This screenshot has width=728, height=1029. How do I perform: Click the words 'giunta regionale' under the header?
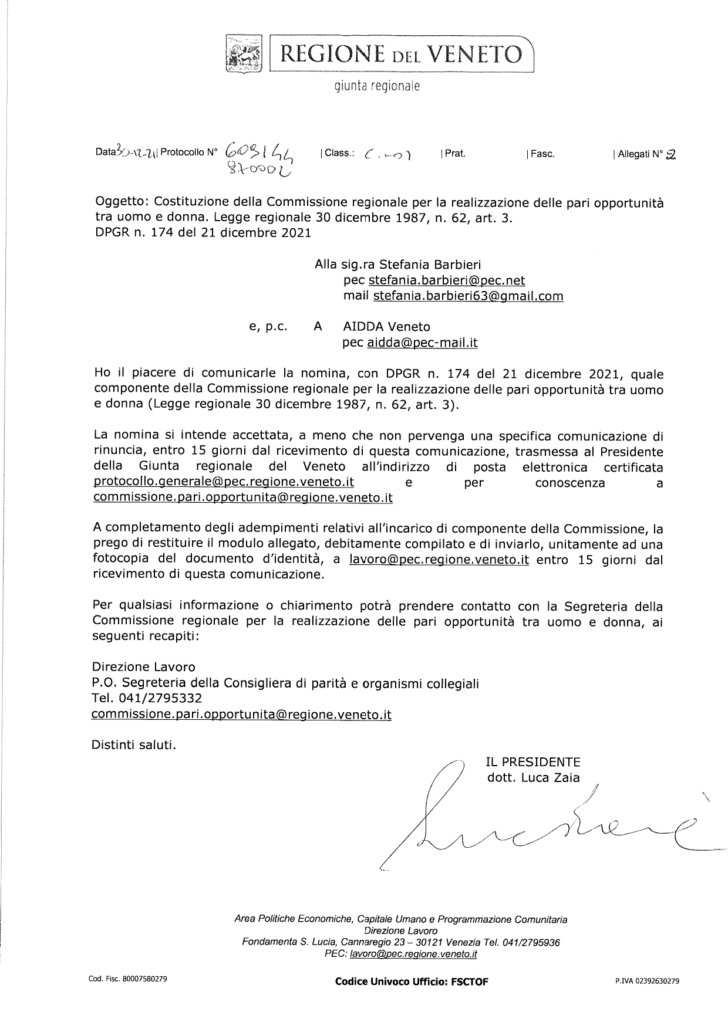point(378,87)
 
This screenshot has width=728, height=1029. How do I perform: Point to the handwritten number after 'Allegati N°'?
point(671,154)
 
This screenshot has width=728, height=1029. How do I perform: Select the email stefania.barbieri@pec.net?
point(447,280)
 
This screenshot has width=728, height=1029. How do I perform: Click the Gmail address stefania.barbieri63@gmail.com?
point(468,296)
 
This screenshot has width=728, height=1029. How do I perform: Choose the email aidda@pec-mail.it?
point(422,343)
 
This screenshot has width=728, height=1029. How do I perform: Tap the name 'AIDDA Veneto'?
point(386,327)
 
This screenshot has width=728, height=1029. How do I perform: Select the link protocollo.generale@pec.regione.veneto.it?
point(223,482)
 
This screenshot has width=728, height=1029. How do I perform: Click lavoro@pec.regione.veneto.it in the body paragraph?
point(439,560)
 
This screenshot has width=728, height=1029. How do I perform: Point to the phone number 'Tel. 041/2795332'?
point(147,698)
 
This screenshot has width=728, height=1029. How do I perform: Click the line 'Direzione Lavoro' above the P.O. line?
point(144,667)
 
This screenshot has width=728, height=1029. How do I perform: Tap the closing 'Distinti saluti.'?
point(134,746)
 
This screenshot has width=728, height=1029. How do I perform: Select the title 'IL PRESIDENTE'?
point(533,762)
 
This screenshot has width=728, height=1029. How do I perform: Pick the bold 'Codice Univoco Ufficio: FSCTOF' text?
point(412,981)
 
